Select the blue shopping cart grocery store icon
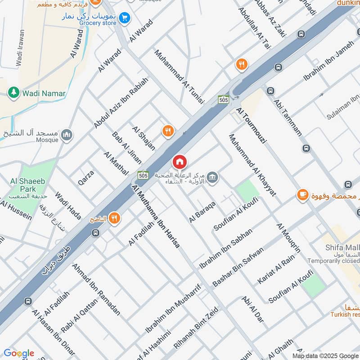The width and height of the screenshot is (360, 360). (125, 18)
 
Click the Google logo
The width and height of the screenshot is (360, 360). (19, 353)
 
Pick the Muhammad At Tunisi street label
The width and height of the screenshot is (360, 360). (180, 77)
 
